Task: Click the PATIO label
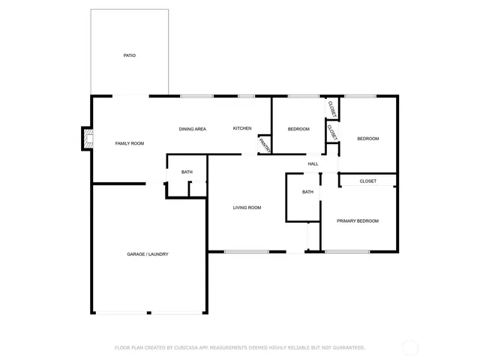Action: [129, 55]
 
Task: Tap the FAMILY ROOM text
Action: [129, 143]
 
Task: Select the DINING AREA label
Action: [192, 129]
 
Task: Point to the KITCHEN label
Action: [242, 129]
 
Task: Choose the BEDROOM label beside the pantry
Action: [298, 129]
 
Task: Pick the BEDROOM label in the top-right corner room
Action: [367, 139]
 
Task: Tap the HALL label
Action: [313, 163]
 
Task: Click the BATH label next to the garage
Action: [187, 172]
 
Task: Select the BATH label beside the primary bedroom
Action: [307, 192]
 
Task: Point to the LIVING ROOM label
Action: [247, 208]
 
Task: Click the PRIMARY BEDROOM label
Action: [358, 220]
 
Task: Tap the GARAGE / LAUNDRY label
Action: [148, 254]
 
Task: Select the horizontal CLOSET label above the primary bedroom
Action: [367, 181]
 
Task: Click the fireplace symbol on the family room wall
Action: [88, 138]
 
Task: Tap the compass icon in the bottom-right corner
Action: [409, 347]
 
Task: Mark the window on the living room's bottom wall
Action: [246, 251]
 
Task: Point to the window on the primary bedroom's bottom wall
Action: [346, 251]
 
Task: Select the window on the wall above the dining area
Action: [196, 96]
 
